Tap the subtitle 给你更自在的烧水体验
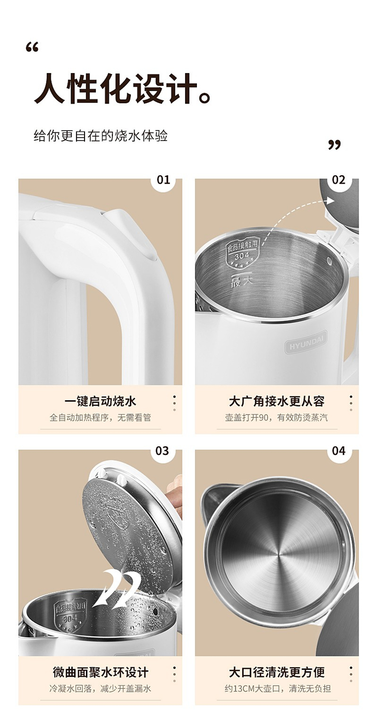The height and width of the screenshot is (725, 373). (x=100, y=136)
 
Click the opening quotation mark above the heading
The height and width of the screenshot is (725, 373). (x=32, y=48)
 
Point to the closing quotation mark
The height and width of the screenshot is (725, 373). (x=334, y=145)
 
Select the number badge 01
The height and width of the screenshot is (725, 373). (x=163, y=180)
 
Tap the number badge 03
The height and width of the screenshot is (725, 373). (x=162, y=451)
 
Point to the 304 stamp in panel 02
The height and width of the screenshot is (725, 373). (x=242, y=255)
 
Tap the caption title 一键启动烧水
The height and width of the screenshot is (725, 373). (x=100, y=401)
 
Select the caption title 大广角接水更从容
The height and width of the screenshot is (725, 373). (x=277, y=401)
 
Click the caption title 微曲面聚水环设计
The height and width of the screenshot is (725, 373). (x=100, y=672)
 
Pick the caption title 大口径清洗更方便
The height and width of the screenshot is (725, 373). (x=277, y=672)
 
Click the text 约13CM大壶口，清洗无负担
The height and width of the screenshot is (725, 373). (x=278, y=688)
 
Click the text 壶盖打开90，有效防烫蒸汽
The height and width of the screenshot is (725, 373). (x=277, y=418)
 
